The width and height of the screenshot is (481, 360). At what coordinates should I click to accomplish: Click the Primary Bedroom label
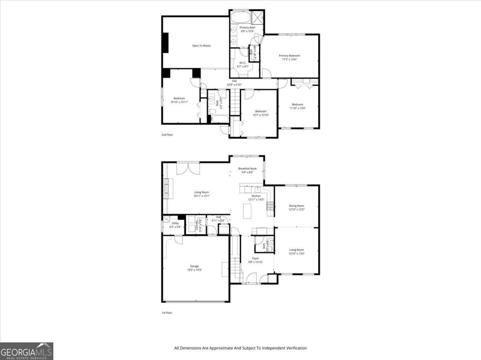point(289,56)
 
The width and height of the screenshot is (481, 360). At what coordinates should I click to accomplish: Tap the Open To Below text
point(201,46)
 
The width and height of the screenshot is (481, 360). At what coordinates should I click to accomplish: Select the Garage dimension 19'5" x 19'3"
point(194,270)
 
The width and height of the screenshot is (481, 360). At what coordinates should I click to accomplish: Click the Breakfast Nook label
point(247,169)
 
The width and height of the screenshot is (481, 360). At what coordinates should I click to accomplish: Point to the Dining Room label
point(297,205)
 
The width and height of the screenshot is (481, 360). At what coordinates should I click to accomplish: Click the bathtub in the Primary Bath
point(239,18)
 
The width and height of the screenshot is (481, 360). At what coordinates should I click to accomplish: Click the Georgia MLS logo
point(26,351)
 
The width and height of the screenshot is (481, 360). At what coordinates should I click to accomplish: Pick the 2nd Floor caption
point(167,135)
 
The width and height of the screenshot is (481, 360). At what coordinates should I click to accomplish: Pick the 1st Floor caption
point(167,313)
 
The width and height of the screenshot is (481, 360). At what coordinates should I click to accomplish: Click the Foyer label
point(255,258)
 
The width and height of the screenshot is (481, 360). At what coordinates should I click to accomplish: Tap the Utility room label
point(175,223)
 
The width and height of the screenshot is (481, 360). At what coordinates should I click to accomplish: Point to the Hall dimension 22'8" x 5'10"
point(234,85)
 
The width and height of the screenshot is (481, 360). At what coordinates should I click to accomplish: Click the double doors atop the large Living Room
point(188,167)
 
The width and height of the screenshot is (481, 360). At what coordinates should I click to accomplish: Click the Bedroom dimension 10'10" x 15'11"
point(179,102)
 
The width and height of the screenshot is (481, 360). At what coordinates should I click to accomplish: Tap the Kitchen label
point(256,196)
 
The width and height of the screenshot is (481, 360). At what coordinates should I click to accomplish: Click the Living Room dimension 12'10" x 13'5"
point(297,253)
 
